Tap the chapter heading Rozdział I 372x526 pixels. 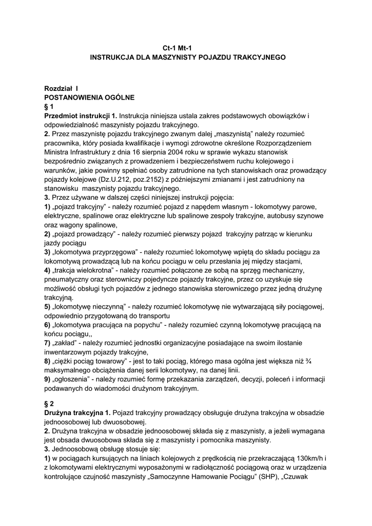point(61,88)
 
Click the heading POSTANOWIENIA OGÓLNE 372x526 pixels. point(89,97)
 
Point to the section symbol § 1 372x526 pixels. point(49,106)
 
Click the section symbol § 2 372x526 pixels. point(49,404)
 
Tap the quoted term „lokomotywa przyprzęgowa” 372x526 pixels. point(96,252)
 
